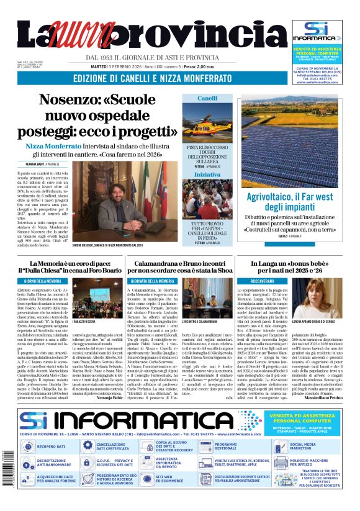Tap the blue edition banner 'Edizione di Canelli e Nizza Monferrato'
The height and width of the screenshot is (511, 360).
click(x=153, y=78)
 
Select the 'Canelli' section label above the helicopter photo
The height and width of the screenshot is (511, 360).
click(x=207, y=99)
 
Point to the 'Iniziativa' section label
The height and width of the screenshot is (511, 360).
click(x=207, y=176)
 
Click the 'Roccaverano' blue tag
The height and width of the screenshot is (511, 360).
click(x=248, y=283)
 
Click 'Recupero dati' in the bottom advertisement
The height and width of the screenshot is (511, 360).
click(x=50, y=446)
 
